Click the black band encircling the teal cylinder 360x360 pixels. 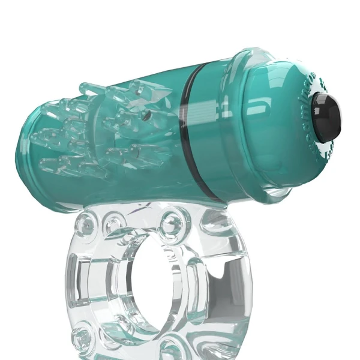tap(194, 129)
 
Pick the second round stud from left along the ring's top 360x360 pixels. tap(113, 224)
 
